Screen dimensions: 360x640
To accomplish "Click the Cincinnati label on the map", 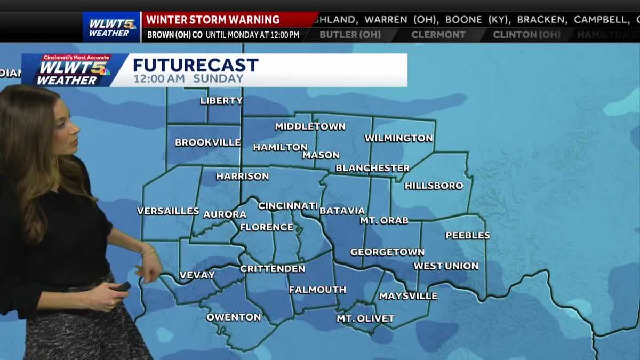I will coord(288,206).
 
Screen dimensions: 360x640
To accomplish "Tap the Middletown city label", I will coord(310,126).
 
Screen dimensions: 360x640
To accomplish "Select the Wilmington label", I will coord(398,138).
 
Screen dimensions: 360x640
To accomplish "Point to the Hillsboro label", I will coord(434,186).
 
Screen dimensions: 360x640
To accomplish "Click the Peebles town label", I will coord(467,235).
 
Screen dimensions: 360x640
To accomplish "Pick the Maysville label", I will coord(408,296).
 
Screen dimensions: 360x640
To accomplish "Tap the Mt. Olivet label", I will coord(365,318).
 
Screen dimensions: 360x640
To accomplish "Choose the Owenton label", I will coord(234,317).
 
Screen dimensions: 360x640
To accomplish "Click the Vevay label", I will coord(197,275).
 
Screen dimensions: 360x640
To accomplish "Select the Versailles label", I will coord(168,211).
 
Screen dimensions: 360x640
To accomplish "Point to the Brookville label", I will coord(207,143).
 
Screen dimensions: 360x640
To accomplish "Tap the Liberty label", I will coord(221,101).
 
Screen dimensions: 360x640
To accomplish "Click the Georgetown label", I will coord(387,252).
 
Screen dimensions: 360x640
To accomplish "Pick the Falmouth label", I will coord(317,290).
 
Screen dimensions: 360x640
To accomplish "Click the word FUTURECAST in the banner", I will coord(196,65).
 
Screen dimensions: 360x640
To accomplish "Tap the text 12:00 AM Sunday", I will coord(188,78).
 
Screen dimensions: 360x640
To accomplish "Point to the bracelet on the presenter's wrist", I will coord(148,252).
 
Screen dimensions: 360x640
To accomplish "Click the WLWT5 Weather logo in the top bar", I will coord(111,27).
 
